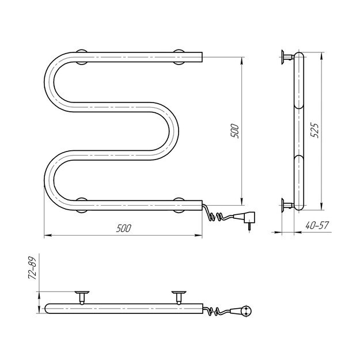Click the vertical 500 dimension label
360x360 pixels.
(x=235, y=131)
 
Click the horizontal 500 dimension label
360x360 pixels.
(x=124, y=228)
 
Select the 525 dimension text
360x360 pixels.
(x=314, y=130)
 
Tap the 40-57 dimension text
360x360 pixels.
(x=317, y=225)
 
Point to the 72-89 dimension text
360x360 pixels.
(x=32, y=268)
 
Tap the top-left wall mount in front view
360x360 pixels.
(x=82, y=56)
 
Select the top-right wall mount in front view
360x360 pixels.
(x=179, y=56)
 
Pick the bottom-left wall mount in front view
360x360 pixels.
(x=82, y=205)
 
